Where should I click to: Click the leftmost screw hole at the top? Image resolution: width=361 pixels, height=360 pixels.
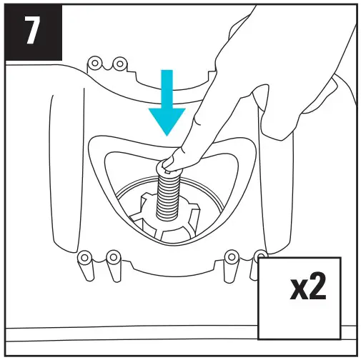[93, 64]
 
